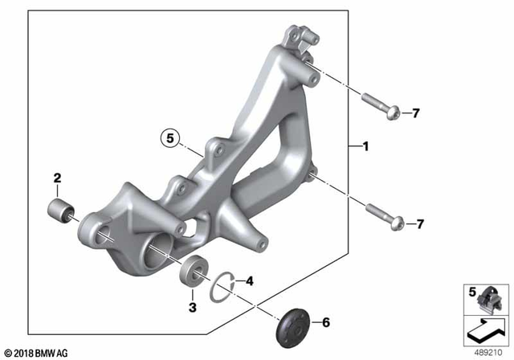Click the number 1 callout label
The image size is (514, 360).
pyautogui.click(x=365, y=147)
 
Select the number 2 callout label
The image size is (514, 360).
pyautogui.click(x=58, y=178)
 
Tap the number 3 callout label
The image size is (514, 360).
pyautogui.click(x=192, y=307)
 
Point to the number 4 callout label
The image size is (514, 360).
pyautogui.click(x=250, y=282)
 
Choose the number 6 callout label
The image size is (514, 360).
pyautogui.click(x=325, y=323)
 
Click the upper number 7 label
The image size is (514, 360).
pyautogui.click(x=416, y=113)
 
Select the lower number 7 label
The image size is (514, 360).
pyautogui.click(x=419, y=223)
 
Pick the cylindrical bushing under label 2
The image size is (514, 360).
pyautogui.click(x=61, y=211)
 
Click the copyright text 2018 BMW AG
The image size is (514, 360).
pyautogui.click(x=37, y=352)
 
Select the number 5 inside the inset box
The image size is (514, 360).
pyautogui.click(x=473, y=291)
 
